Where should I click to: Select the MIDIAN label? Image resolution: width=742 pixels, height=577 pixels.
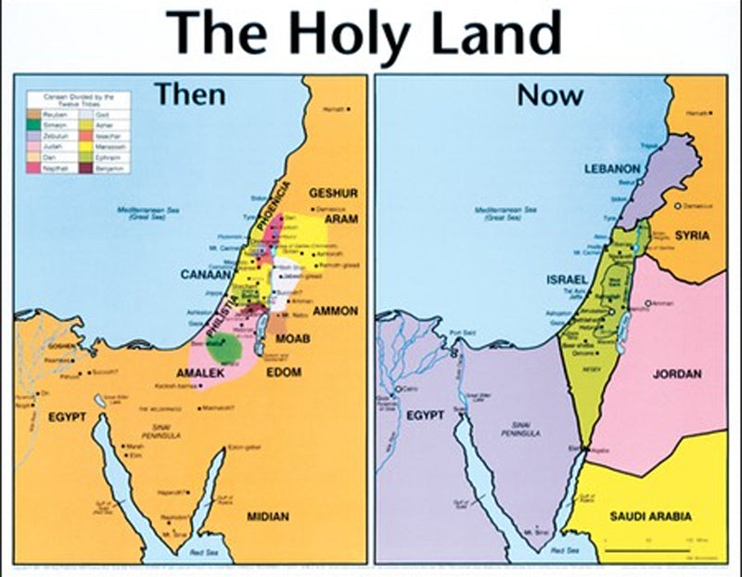(x=267, y=516)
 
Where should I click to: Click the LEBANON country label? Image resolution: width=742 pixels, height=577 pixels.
(x=613, y=170)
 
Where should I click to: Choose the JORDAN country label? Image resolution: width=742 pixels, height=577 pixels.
(x=677, y=375)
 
